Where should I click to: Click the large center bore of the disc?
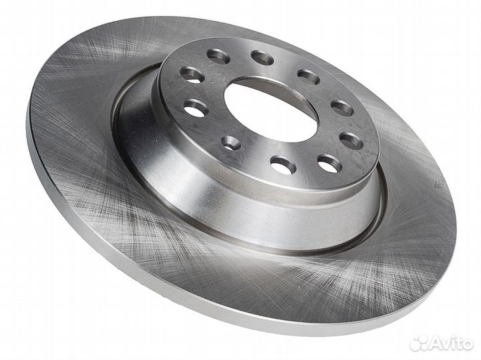[x=270, y=110]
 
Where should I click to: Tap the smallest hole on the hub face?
[x=230, y=143]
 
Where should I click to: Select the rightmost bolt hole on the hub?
[x=351, y=141]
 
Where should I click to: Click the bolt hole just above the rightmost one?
[x=342, y=108]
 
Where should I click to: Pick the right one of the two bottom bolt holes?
[x=330, y=164]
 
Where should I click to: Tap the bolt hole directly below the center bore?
[x=283, y=165]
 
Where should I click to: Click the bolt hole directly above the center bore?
[x=262, y=58]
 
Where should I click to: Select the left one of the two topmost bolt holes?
[x=218, y=56]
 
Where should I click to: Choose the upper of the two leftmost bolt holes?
[x=192, y=75]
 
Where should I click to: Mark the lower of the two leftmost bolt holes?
[x=196, y=108]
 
